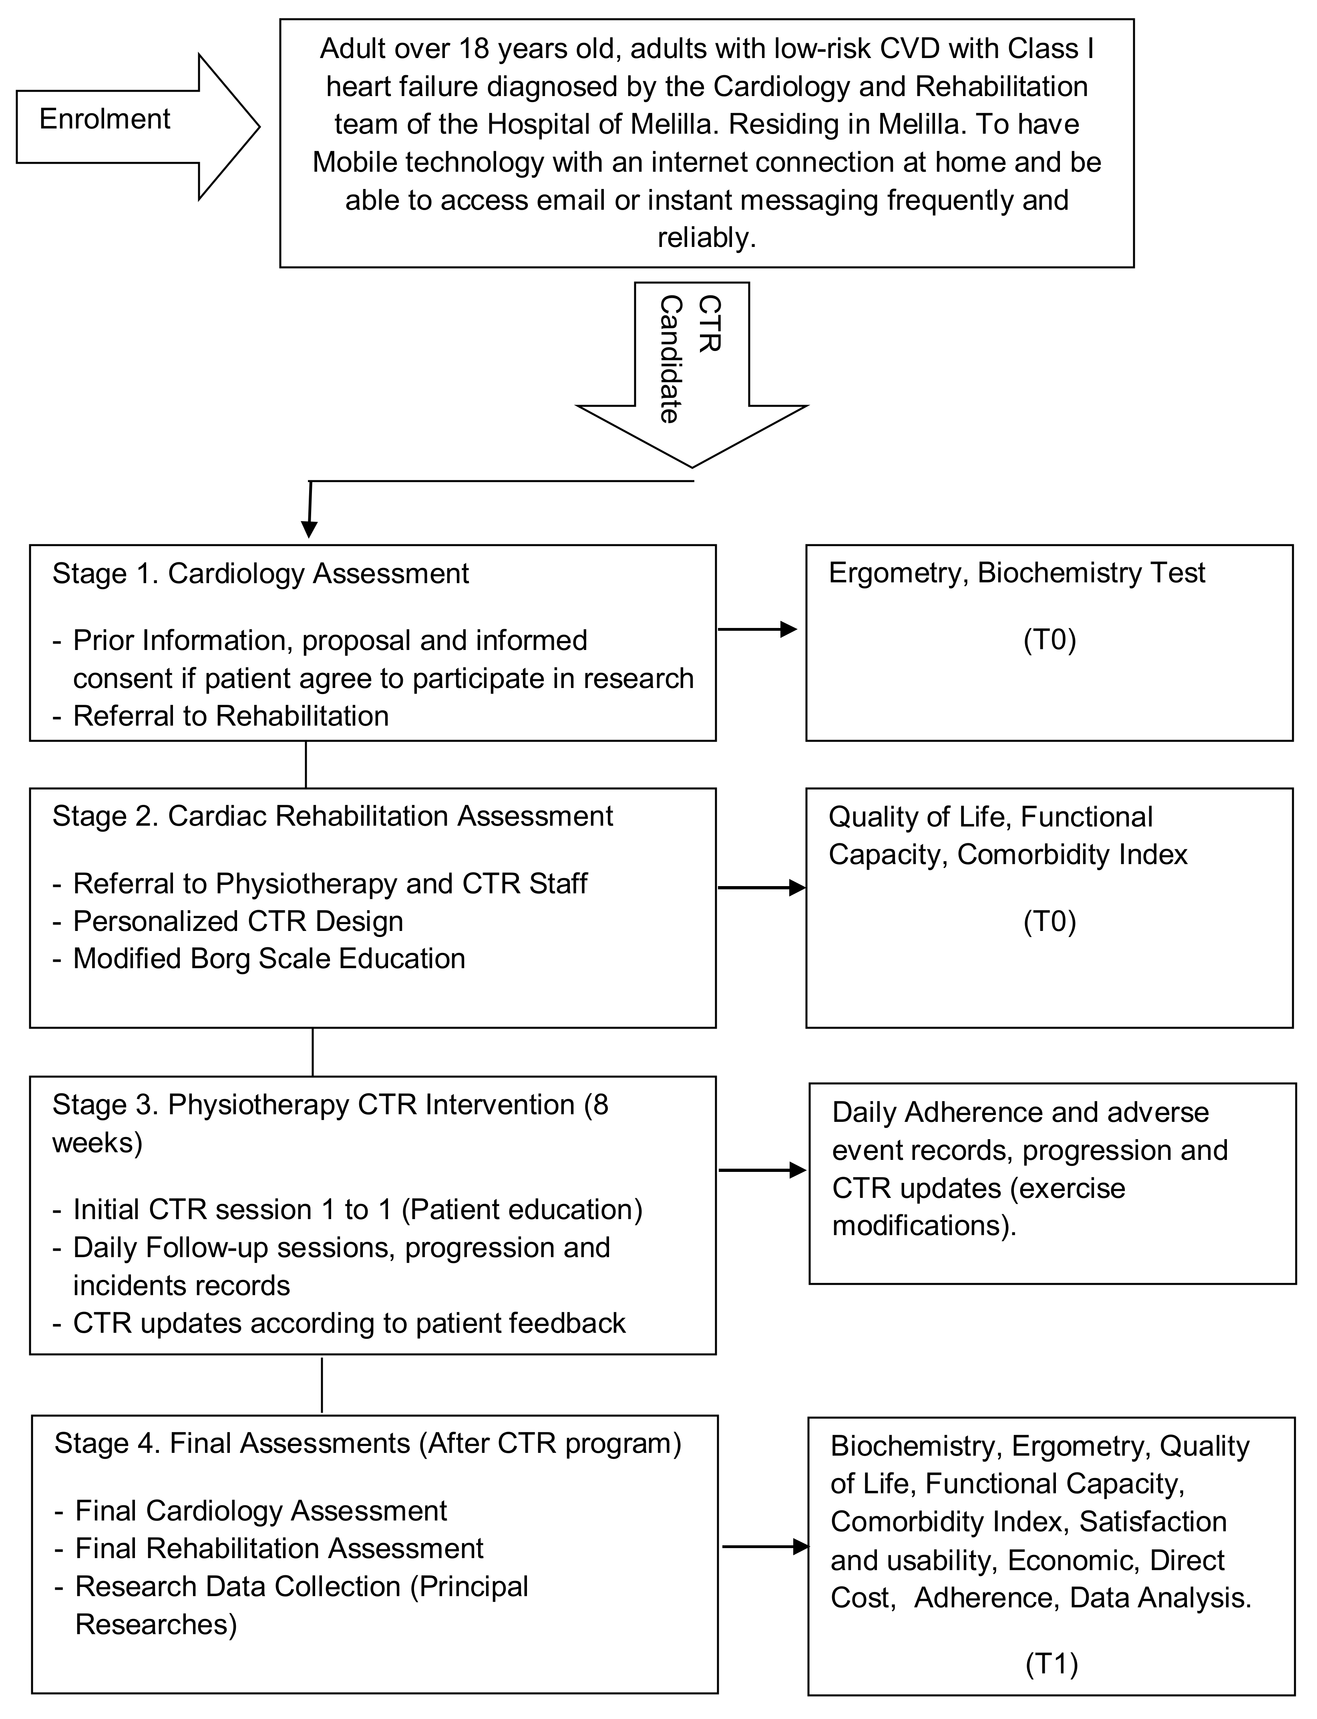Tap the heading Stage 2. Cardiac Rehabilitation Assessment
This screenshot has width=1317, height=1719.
pos(332,816)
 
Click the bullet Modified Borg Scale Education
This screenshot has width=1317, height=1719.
pos(259,959)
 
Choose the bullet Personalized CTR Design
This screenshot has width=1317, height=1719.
pos(227,921)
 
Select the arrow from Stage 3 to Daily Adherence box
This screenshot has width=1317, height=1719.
pos(762,1171)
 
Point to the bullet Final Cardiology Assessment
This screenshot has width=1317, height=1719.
pos(251,1510)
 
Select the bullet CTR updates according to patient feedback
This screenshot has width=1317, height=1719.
pos(339,1323)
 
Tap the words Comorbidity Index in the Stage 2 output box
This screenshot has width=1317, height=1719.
pos(1072,855)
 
